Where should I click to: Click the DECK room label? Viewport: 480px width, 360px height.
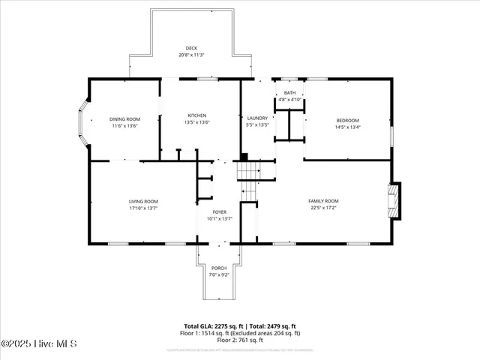point(192,49)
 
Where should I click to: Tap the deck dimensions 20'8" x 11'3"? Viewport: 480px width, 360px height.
point(192,55)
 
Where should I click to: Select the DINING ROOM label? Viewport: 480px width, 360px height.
point(125,119)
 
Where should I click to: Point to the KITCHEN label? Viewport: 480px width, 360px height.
point(197,115)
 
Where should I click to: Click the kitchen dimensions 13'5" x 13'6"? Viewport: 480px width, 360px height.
point(197,122)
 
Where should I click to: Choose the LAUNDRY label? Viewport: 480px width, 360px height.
point(257,118)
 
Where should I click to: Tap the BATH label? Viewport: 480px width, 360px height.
point(289,93)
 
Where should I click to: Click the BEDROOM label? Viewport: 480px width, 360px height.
point(347,120)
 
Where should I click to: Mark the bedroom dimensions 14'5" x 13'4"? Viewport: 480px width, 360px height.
point(347,127)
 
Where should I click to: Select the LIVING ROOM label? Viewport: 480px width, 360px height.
point(142,201)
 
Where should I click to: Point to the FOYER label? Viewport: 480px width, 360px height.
point(219,212)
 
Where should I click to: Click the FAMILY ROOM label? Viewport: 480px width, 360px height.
point(324,201)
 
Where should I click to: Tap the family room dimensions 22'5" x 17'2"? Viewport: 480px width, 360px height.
point(324,208)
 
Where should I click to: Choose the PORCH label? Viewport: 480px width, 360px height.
point(219,268)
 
